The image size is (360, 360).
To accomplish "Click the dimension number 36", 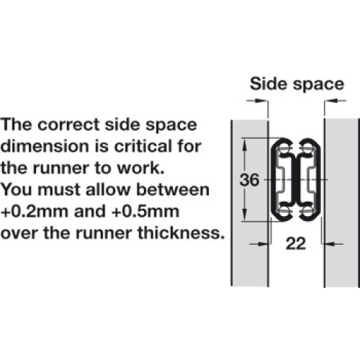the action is pos(250,180).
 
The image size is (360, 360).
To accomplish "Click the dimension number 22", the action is pos(296,243).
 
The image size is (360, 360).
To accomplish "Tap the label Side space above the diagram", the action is pos(297,84).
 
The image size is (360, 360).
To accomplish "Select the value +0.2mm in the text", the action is pos(35,212).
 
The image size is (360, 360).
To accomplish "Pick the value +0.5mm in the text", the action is pos(145,212).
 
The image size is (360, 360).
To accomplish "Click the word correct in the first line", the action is pos(68,125).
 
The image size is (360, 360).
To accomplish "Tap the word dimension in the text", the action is pos(45,146).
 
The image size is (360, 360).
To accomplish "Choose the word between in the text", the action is pos(173,189).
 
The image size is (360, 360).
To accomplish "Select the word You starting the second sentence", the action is pos(17,189).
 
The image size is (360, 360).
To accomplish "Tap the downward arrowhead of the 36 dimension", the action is pos(244,215).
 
